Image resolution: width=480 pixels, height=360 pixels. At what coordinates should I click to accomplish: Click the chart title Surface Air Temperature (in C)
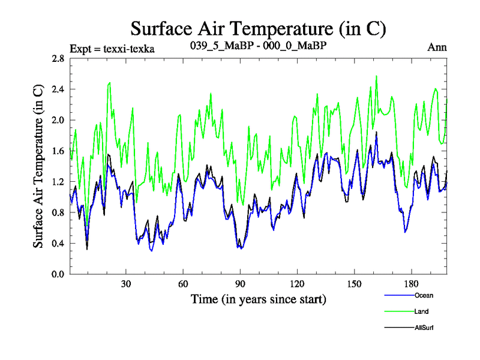pos(258,28)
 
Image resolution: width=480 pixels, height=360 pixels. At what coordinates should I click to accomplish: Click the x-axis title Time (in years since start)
pos(259,298)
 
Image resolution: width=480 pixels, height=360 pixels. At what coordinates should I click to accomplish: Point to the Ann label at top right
pos(437,47)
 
